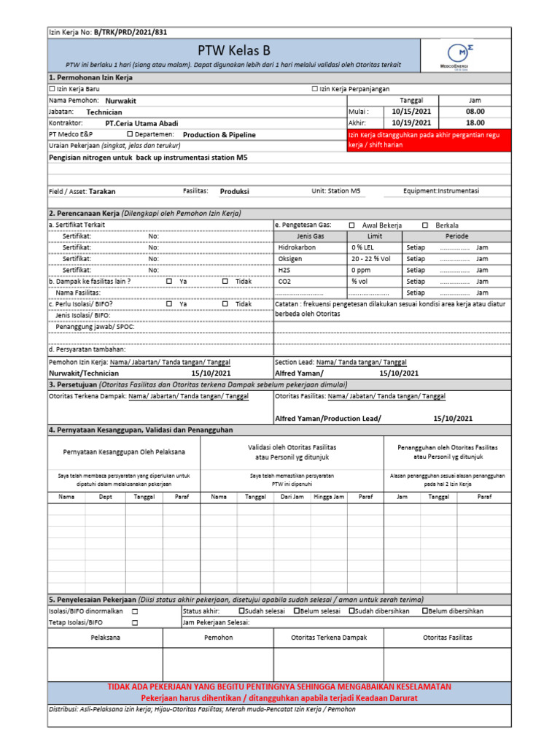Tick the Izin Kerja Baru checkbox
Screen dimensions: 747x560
click(52, 88)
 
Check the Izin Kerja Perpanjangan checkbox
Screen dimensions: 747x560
click(315, 88)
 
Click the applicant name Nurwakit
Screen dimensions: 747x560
click(121, 101)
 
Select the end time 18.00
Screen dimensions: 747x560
click(475, 123)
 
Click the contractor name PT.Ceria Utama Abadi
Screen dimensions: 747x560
click(141, 123)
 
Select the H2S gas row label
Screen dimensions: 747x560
click(284, 270)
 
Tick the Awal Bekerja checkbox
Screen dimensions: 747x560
click(352, 225)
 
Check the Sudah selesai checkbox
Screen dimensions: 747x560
click(242, 611)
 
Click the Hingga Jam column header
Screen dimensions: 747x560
click(329, 496)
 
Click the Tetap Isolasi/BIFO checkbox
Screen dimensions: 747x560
click(135, 623)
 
